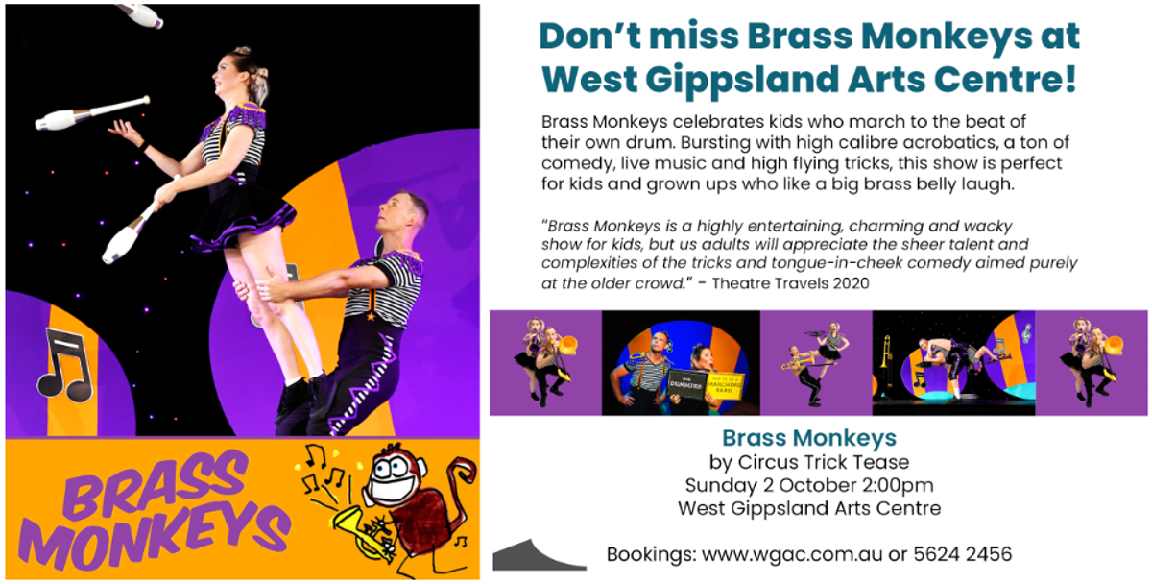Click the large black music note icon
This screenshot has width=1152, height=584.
[x=65, y=365]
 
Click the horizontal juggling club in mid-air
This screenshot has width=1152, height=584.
[x=91, y=113]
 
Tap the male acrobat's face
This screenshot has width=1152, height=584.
[x=397, y=212]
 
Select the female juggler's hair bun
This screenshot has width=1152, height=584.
[x=242, y=53]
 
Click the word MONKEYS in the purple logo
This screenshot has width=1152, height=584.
[x=155, y=536]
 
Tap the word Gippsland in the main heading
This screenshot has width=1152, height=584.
[x=741, y=80]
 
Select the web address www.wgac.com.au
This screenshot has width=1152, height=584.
[x=792, y=554]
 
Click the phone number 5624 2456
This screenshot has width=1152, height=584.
[x=962, y=554]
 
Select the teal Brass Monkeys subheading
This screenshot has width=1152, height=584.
[x=809, y=438]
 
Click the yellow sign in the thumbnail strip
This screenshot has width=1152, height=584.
[x=725, y=386]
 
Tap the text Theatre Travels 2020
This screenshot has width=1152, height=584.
[x=790, y=283]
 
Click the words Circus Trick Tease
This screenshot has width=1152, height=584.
[x=824, y=462]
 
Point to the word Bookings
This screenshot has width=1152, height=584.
[x=651, y=555]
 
